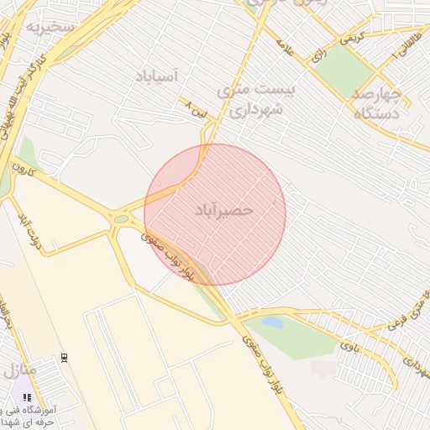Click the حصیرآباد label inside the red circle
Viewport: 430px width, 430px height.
(223, 209)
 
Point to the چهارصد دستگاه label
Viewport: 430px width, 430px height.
(375, 102)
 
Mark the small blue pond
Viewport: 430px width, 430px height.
(272, 322)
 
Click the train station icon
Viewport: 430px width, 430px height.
(65, 358)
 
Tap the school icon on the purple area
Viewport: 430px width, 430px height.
(27, 397)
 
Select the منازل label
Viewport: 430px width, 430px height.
(18, 370)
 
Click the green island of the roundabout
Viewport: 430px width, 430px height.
(122, 219)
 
